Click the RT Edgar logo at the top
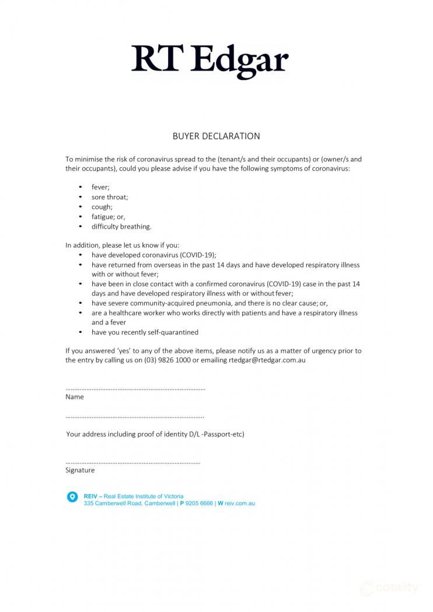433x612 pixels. click(x=210, y=60)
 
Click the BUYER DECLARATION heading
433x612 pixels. click(x=216, y=136)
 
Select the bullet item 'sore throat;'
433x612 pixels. click(x=110, y=197)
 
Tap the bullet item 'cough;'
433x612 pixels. click(x=102, y=207)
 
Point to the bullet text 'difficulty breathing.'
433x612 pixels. click(x=121, y=227)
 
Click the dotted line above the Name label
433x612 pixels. click(x=135, y=389)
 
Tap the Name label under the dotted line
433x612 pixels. click(x=75, y=397)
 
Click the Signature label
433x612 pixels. click(x=80, y=470)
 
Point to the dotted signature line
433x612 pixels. click(x=133, y=462)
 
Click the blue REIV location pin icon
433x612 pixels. click(x=72, y=497)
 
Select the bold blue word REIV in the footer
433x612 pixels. click(x=90, y=496)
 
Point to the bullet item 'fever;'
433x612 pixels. click(x=100, y=187)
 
